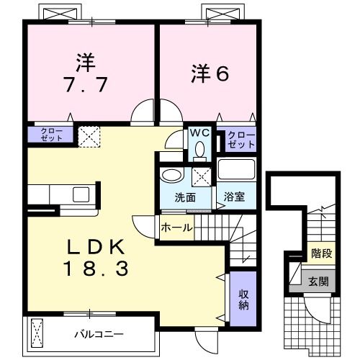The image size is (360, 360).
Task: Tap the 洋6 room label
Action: click(x=210, y=72)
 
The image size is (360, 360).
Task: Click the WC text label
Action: click(x=199, y=133)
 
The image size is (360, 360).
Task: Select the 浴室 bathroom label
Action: click(x=233, y=195)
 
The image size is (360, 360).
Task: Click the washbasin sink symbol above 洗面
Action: click(x=171, y=176)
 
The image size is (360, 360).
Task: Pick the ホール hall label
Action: click(x=176, y=228)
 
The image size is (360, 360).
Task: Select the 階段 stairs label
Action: click(x=321, y=253)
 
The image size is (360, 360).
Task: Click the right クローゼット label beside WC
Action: click(x=241, y=138)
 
